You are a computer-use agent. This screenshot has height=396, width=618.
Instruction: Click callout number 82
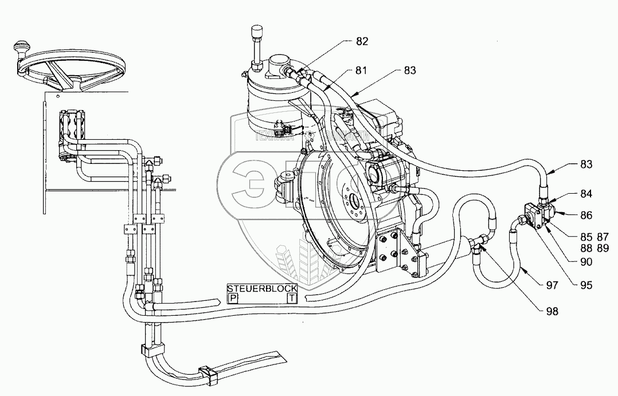click(362, 42)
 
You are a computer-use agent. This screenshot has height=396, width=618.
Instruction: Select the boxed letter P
click(233, 298)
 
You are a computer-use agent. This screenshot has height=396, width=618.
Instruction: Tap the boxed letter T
click(292, 298)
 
